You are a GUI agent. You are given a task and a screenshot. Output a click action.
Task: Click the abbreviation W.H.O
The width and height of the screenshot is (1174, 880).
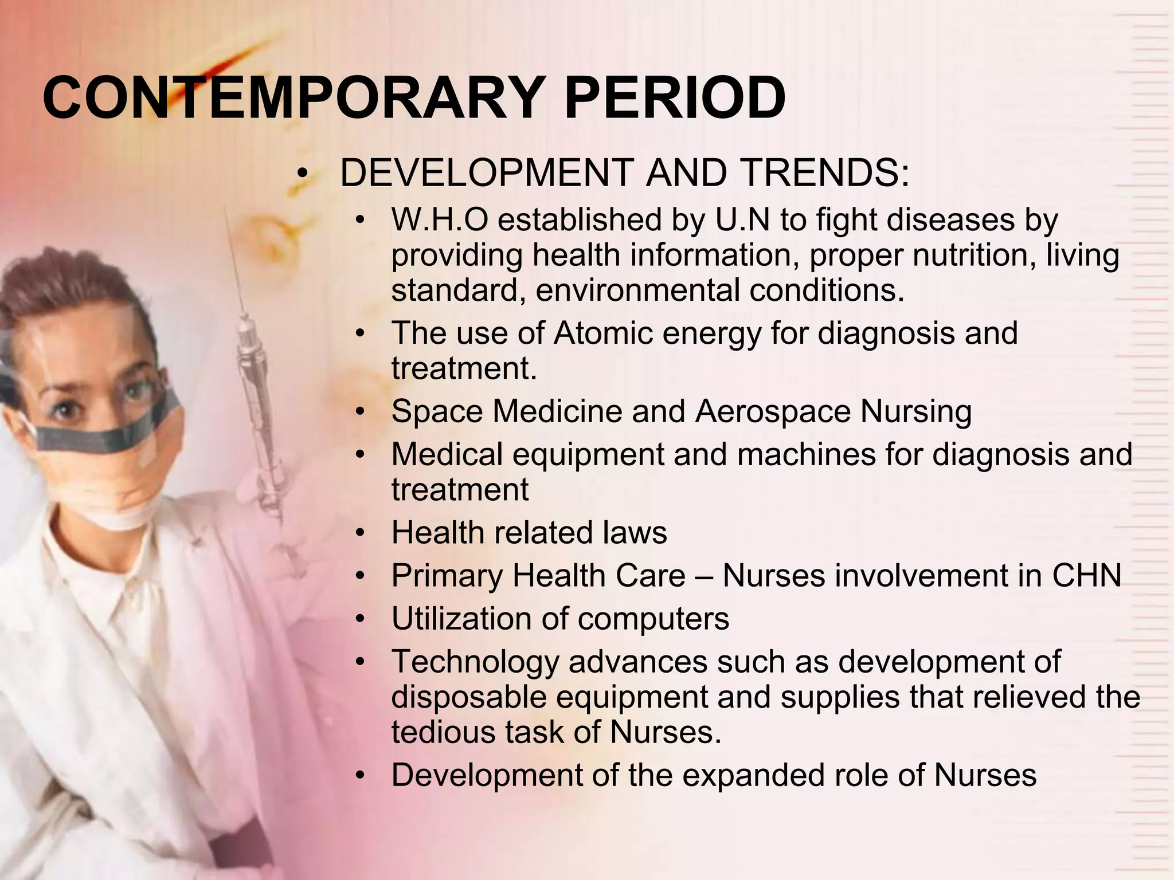click(439, 220)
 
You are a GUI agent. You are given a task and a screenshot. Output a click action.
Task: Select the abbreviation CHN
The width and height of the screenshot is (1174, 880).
click(1086, 576)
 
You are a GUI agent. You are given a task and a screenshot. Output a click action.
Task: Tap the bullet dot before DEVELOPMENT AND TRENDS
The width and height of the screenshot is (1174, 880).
click(303, 174)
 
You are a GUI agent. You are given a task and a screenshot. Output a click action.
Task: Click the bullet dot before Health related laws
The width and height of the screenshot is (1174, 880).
click(359, 533)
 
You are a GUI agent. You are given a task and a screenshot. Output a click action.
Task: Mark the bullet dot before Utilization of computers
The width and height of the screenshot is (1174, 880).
click(359, 620)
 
